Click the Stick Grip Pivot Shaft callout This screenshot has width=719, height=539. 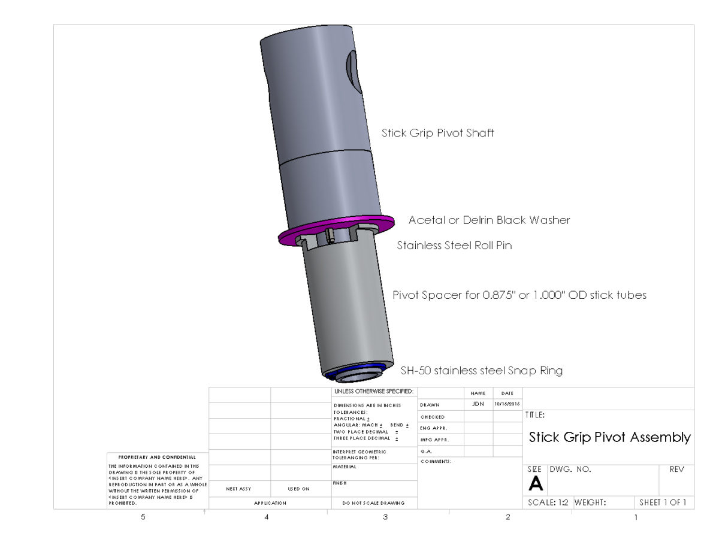[437, 133]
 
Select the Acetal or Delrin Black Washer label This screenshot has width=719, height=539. [489, 220]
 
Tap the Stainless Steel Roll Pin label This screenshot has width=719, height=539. [454, 246]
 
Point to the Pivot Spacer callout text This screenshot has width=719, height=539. [519, 295]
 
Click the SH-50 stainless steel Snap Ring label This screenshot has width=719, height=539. [481, 371]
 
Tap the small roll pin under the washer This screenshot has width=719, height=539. [330, 238]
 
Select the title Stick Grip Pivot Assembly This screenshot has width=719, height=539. [609, 437]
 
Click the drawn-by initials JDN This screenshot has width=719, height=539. [478, 405]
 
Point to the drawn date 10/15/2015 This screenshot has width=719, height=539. [507, 405]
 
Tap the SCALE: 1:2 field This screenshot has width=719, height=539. [548, 503]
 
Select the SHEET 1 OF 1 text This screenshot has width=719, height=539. [663, 503]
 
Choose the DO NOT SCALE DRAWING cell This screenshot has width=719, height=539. [373, 503]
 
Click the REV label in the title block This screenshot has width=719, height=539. [676, 470]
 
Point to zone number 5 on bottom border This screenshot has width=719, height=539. [143, 517]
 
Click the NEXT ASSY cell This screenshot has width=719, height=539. [238, 489]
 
